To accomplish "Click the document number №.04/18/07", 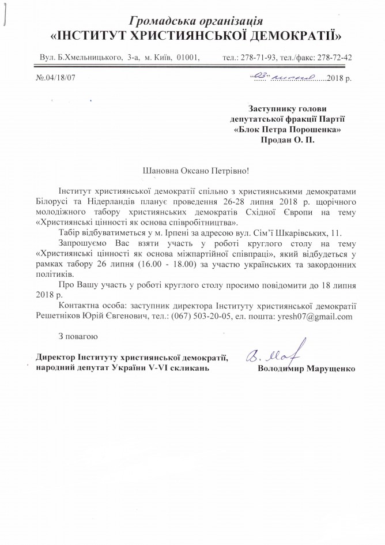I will pyautogui.click(x=56, y=77).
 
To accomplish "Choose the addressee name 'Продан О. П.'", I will pyautogui.click(x=288, y=140).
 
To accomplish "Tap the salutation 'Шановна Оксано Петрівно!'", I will pyautogui.click(x=191, y=171).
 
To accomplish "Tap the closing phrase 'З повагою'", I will pyautogui.click(x=78, y=336).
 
